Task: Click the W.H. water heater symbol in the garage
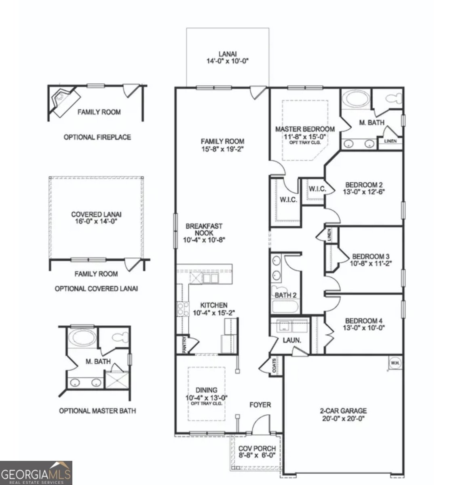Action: point(395,363)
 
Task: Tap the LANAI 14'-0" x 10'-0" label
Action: point(227,57)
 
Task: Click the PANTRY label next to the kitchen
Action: point(184,346)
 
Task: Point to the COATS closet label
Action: point(275,366)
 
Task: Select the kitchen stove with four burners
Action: point(183,309)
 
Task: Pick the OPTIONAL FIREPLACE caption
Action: point(97,137)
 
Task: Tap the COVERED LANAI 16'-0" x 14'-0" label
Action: point(96,218)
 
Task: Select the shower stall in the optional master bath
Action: point(116,380)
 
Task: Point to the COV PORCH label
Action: point(257,452)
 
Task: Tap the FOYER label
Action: point(260,405)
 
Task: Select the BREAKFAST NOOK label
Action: point(204,233)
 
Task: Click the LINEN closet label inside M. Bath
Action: point(390,141)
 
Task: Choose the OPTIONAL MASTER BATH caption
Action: point(97,411)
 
